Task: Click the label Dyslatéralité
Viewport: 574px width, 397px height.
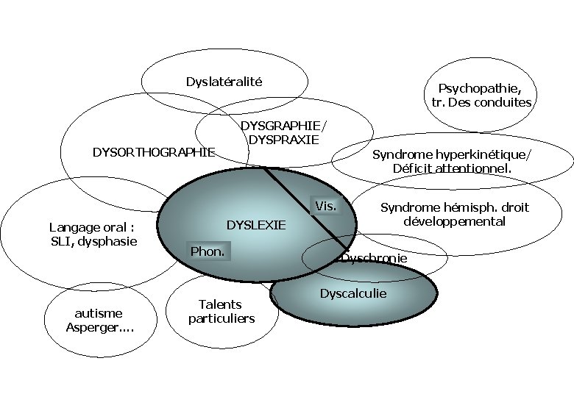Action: (224, 82)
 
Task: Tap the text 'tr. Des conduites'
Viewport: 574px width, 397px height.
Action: (481, 102)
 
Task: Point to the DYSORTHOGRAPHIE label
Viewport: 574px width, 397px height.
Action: (153, 152)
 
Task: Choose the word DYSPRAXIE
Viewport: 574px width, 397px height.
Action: (283, 139)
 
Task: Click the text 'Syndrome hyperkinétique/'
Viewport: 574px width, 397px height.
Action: (451, 154)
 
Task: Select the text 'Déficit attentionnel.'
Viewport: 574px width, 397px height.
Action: (452, 168)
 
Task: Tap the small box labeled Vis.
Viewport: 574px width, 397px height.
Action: (325, 206)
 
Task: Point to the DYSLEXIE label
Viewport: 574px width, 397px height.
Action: (255, 225)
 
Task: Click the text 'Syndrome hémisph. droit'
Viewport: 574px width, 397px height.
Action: (454, 207)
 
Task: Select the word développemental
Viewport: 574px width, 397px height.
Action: (454, 221)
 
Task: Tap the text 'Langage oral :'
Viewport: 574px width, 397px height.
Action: (91, 227)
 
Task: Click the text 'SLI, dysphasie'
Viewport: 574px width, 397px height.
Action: (93, 240)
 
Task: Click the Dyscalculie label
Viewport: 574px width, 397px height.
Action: (352, 293)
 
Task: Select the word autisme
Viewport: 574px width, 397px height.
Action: (99, 313)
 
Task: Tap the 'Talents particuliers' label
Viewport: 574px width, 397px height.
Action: (221, 311)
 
